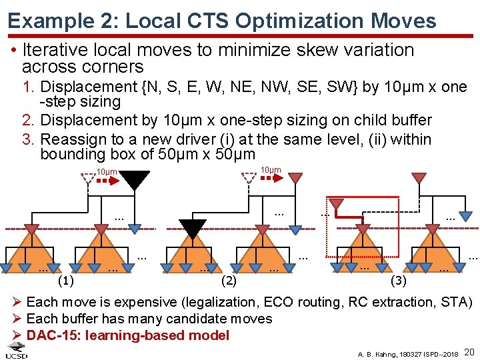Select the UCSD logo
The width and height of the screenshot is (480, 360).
(x=17, y=351)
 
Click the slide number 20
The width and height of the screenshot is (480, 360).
(x=469, y=351)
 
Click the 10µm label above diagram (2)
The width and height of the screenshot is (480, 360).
(x=271, y=171)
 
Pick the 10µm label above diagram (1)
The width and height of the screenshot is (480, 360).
(x=107, y=173)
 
